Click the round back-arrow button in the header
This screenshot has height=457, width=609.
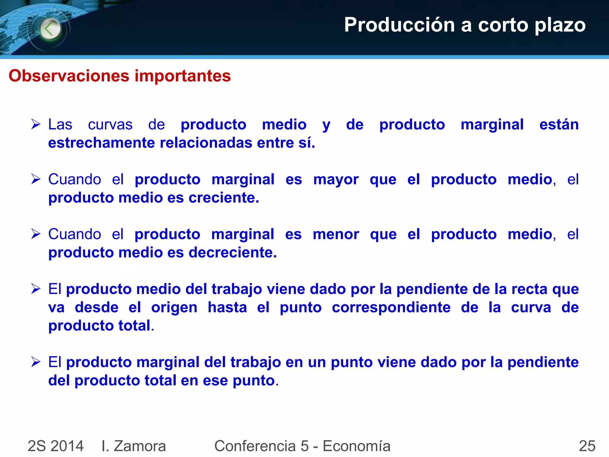pyautogui.click(x=50, y=29)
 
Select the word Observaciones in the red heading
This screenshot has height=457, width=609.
pyautogui.click(x=69, y=76)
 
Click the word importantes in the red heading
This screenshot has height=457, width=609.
pyautogui.click(x=183, y=76)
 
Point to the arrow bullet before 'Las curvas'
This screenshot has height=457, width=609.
pyautogui.click(x=36, y=124)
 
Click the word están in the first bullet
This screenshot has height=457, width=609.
pyautogui.click(x=559, y=124)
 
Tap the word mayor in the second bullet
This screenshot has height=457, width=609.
pyautogui.click(x=336, y=180)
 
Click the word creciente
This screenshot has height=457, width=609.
pyautogui.click(x=224, y=198)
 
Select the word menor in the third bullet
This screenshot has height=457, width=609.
pyautogui.click(x=336, y=234)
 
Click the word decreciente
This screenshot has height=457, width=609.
pyautogui.click(x=233, y=253)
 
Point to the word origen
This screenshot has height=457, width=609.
pyautogui.click(x=174, y=307)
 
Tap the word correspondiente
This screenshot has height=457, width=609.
pyautogui.click(x=391, y=308)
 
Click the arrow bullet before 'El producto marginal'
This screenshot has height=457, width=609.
pyautogui.click(x=36, y=362)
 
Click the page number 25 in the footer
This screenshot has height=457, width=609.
pyautogui.click(x=587, y=446)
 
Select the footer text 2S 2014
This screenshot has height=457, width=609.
pyautogui.click(x=56, y=446)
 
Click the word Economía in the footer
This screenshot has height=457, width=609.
pyautogui.click(x=357, y=446)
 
